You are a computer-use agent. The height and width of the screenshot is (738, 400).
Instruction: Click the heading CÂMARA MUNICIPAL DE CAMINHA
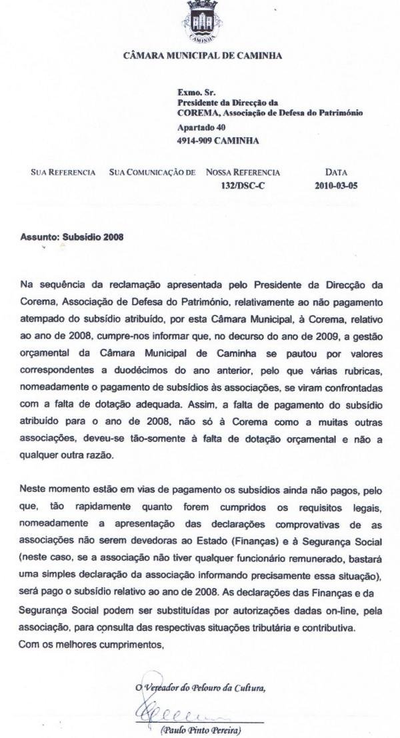203,56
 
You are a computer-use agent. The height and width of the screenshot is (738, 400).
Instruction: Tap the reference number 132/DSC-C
243,186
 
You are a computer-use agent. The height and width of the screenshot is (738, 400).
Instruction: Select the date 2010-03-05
336,186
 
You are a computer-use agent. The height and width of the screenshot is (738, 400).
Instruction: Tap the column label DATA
335,172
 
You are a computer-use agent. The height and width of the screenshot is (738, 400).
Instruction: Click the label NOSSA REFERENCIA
243,172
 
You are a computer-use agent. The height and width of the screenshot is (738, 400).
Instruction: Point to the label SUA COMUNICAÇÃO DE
152,172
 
